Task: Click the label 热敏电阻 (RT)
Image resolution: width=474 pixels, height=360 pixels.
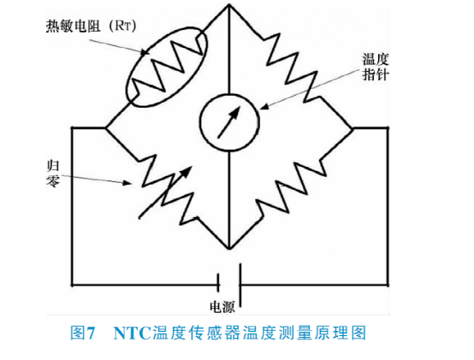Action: (x=91, y=26)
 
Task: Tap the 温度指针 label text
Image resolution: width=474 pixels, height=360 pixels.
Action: (x=375, y=67)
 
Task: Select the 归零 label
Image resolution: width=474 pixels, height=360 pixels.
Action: (x=52, y=174)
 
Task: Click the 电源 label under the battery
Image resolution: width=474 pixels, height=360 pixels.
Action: (x=222, y=307)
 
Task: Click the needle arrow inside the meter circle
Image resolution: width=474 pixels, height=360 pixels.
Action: (x=228, y=122)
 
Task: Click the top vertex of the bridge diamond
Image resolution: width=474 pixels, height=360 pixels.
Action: (x=229, y=5)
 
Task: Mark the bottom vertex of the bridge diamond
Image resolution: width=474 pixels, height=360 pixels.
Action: (x=229, y=249)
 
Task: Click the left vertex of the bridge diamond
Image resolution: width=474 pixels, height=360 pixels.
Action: (x=106, y=128)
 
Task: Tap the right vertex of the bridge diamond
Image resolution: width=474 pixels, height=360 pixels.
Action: (x=353, y=128)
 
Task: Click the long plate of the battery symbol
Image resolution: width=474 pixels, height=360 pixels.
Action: (x=240, y=286)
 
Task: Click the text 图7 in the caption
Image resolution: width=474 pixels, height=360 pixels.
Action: (x=83, y=333)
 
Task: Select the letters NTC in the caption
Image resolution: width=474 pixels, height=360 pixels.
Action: (x=133, y=333)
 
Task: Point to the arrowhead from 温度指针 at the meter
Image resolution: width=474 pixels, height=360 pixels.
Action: (x=264, y=106)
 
